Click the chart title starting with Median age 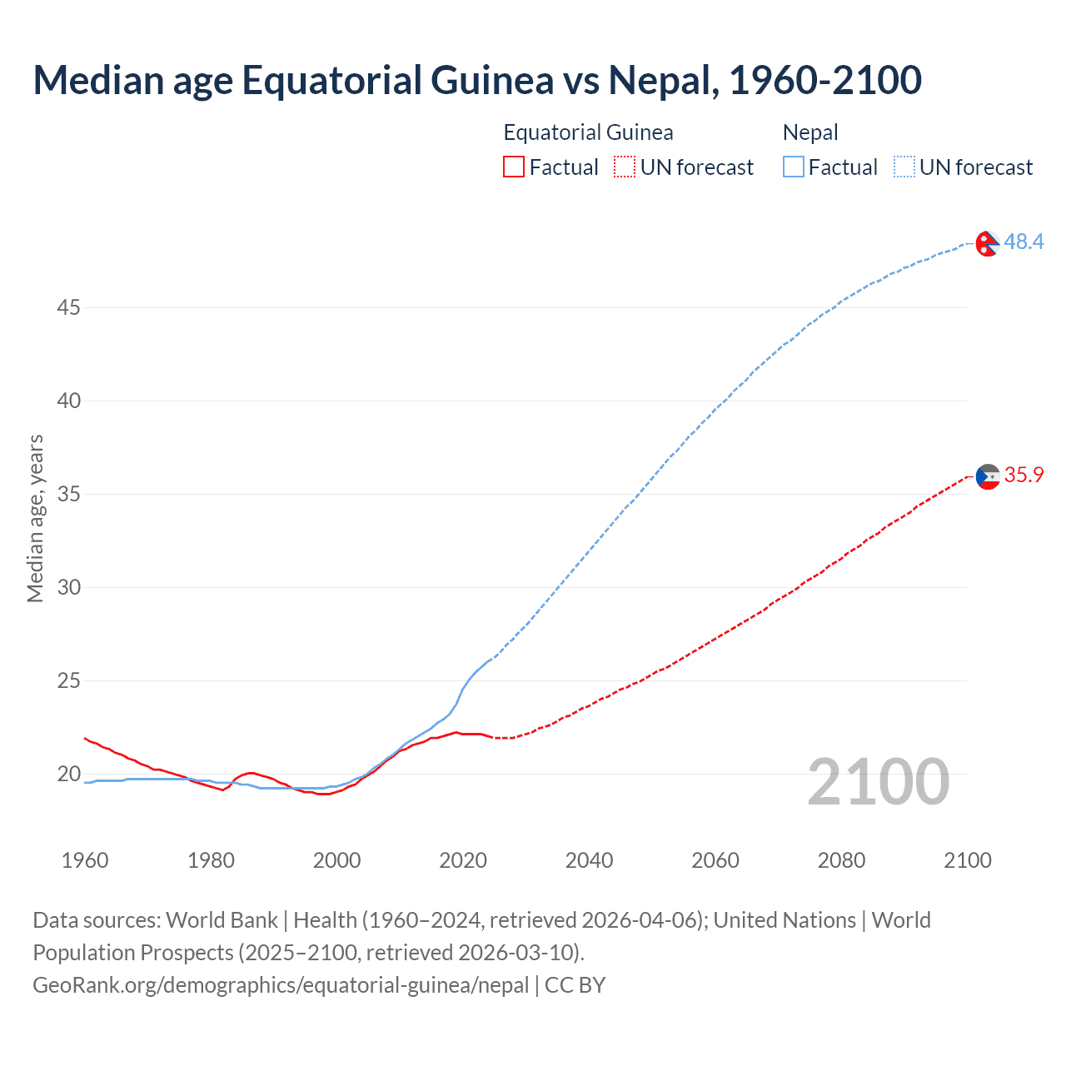coord(477,80)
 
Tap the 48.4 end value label coord(1024,242)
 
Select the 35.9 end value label coord(1024,475)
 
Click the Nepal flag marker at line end coord(988,243)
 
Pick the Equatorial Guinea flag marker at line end coord(988,476)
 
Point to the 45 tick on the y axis coord(68,308)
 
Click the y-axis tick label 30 coord(68,588)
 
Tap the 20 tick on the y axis coord(68,775)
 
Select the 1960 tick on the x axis coord(85,860)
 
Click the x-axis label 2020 coord(463,860)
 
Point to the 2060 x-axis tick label coord(715,860)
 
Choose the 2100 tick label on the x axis coord(967,860)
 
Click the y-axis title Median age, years coord(35,518)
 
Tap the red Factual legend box coord(514,167)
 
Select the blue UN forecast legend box coord(904,167)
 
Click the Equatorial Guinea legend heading coord(588,132)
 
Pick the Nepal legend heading coord(810,132)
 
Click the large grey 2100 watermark coord(879,781)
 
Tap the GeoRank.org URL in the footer coord(281,985)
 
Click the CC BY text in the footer coord(575,985)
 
